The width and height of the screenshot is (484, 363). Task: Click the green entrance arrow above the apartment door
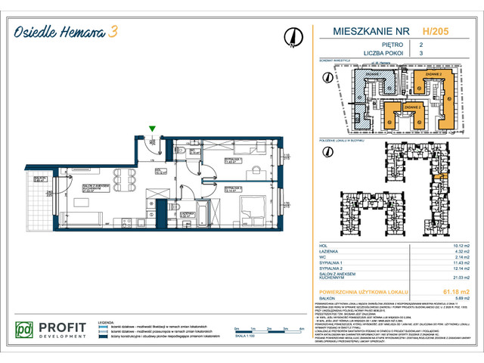tap(153, 129)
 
